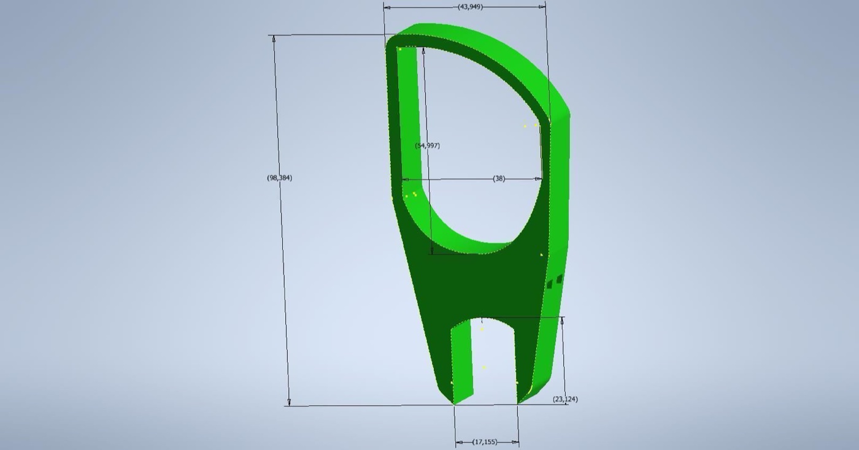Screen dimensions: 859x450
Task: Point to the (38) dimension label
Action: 499,178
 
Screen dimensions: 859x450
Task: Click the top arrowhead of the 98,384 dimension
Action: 274,39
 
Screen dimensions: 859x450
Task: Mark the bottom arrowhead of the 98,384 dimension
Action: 289,402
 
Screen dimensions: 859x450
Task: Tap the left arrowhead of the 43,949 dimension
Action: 387,7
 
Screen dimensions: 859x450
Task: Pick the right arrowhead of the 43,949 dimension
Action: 542,7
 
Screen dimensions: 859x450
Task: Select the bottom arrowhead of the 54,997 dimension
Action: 432,251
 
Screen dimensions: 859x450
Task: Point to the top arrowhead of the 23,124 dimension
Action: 562,321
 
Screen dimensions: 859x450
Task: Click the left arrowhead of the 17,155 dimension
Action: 459,442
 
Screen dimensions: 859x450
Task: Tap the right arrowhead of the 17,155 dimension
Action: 515,442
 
